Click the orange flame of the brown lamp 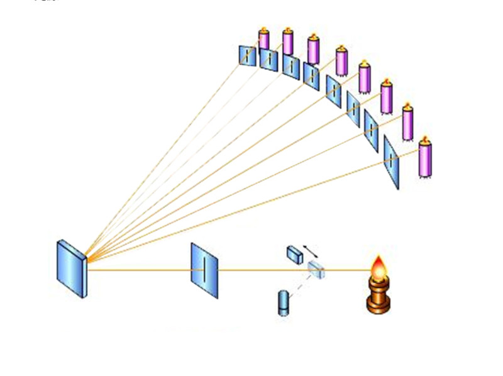click(379, 268)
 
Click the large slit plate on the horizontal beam click(204, 270)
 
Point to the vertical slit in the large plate click(205, 270)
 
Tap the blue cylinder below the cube click(283, 302)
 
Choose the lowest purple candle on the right click(425, 160)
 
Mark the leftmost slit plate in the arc click(248, 55)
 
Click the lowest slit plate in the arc click(392, 162)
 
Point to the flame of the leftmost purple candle click(265, 29)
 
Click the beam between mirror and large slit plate click(138, 270)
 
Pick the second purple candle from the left click(287, 42)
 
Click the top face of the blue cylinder click(283, 293)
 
